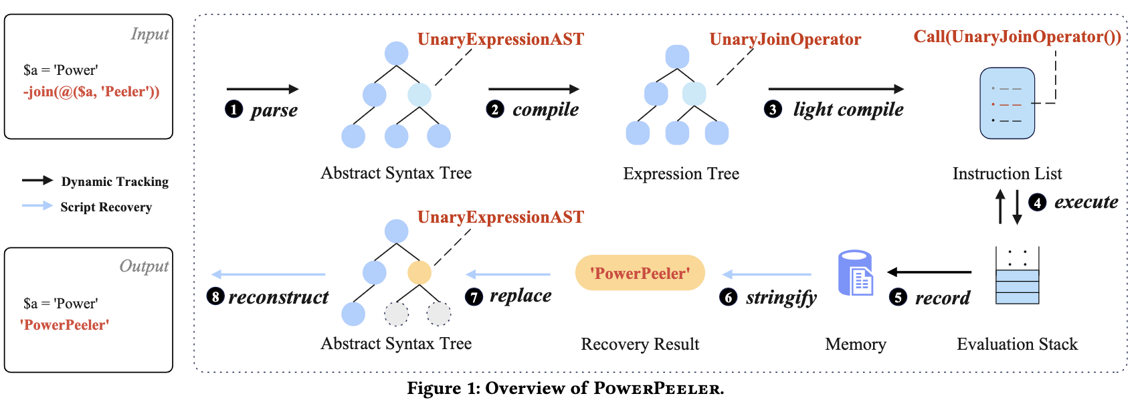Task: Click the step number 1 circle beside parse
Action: click(x=233, y=109)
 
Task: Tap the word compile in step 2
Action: click(x=545, y=110)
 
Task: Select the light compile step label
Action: click(x=848, y=110)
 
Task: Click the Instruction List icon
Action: click(x=1007, y=103)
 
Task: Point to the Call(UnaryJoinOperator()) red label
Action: click(x=1017, y=37)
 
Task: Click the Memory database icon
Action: click(x=856, y=273)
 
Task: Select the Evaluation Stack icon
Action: click(x=1017, y=276)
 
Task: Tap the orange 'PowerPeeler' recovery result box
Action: click(x=640, y=273)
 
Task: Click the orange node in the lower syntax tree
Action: click(x=419, y=272)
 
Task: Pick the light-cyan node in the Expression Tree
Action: click(x=694, y=94)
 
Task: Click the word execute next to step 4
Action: click(x=1086, y=202)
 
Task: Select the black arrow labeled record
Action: click(x=929, y=272)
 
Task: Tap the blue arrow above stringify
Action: click(x=767, y=274)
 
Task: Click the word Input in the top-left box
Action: click(x=149, y=34)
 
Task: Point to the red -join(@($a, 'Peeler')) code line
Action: click(x=92, y=92)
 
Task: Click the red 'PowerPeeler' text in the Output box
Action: click(x=65, y=325)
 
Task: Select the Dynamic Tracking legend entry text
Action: click(x=114, y=182)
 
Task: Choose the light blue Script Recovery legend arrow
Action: click(x=37, y=206)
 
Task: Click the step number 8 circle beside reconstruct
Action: click(x=215, y=296)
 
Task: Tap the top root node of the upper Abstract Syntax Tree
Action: click(x=397, y=54)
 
